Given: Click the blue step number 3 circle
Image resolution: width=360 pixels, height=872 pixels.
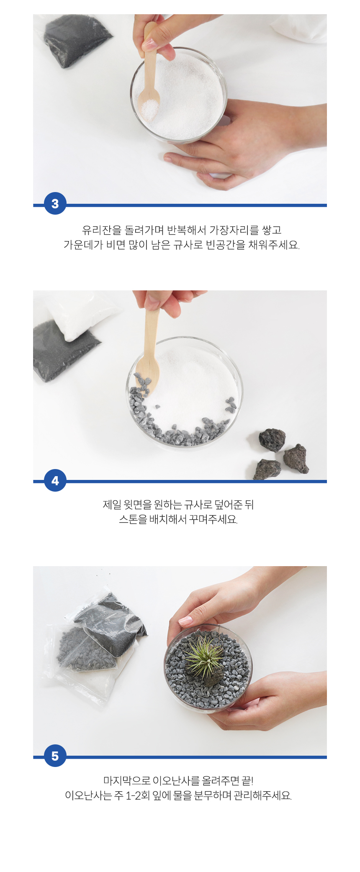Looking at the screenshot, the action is (55, 203).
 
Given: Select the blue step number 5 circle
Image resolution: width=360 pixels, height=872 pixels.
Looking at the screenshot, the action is (55, 756).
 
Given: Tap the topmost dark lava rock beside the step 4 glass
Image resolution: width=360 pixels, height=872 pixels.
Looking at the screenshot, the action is (272, 440).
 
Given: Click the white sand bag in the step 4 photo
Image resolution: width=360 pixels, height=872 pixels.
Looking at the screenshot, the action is (80, 312).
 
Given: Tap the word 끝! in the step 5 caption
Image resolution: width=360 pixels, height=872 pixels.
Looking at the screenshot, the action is (247, 781).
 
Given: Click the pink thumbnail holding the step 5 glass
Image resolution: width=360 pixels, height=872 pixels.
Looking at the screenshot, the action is (185, 621).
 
